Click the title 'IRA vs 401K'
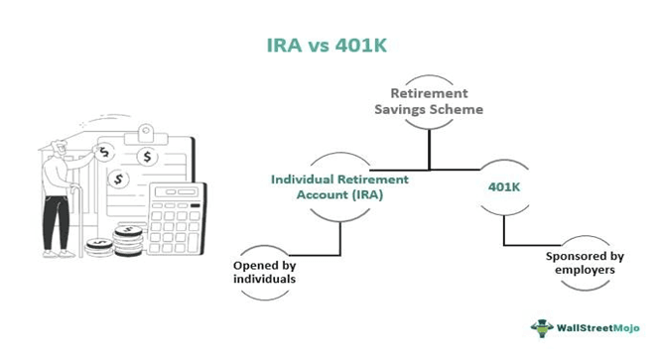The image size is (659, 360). tap(329, 46)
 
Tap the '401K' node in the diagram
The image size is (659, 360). tap(503, 184)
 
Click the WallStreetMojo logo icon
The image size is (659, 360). tap(541, 328)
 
